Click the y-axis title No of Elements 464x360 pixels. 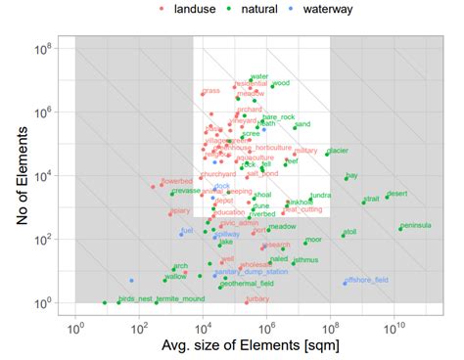tap(22, 175)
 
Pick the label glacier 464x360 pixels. tap(339, 152)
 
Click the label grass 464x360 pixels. tap(210, 91)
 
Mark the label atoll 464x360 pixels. tap(349, 232)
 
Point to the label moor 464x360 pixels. tap(313, 240)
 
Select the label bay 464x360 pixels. tap(352, 175)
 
